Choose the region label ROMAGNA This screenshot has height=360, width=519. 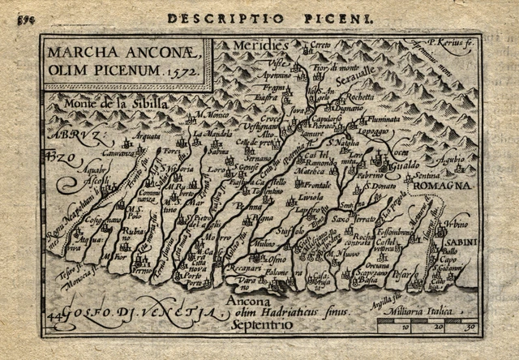click(x=445, y=186)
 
